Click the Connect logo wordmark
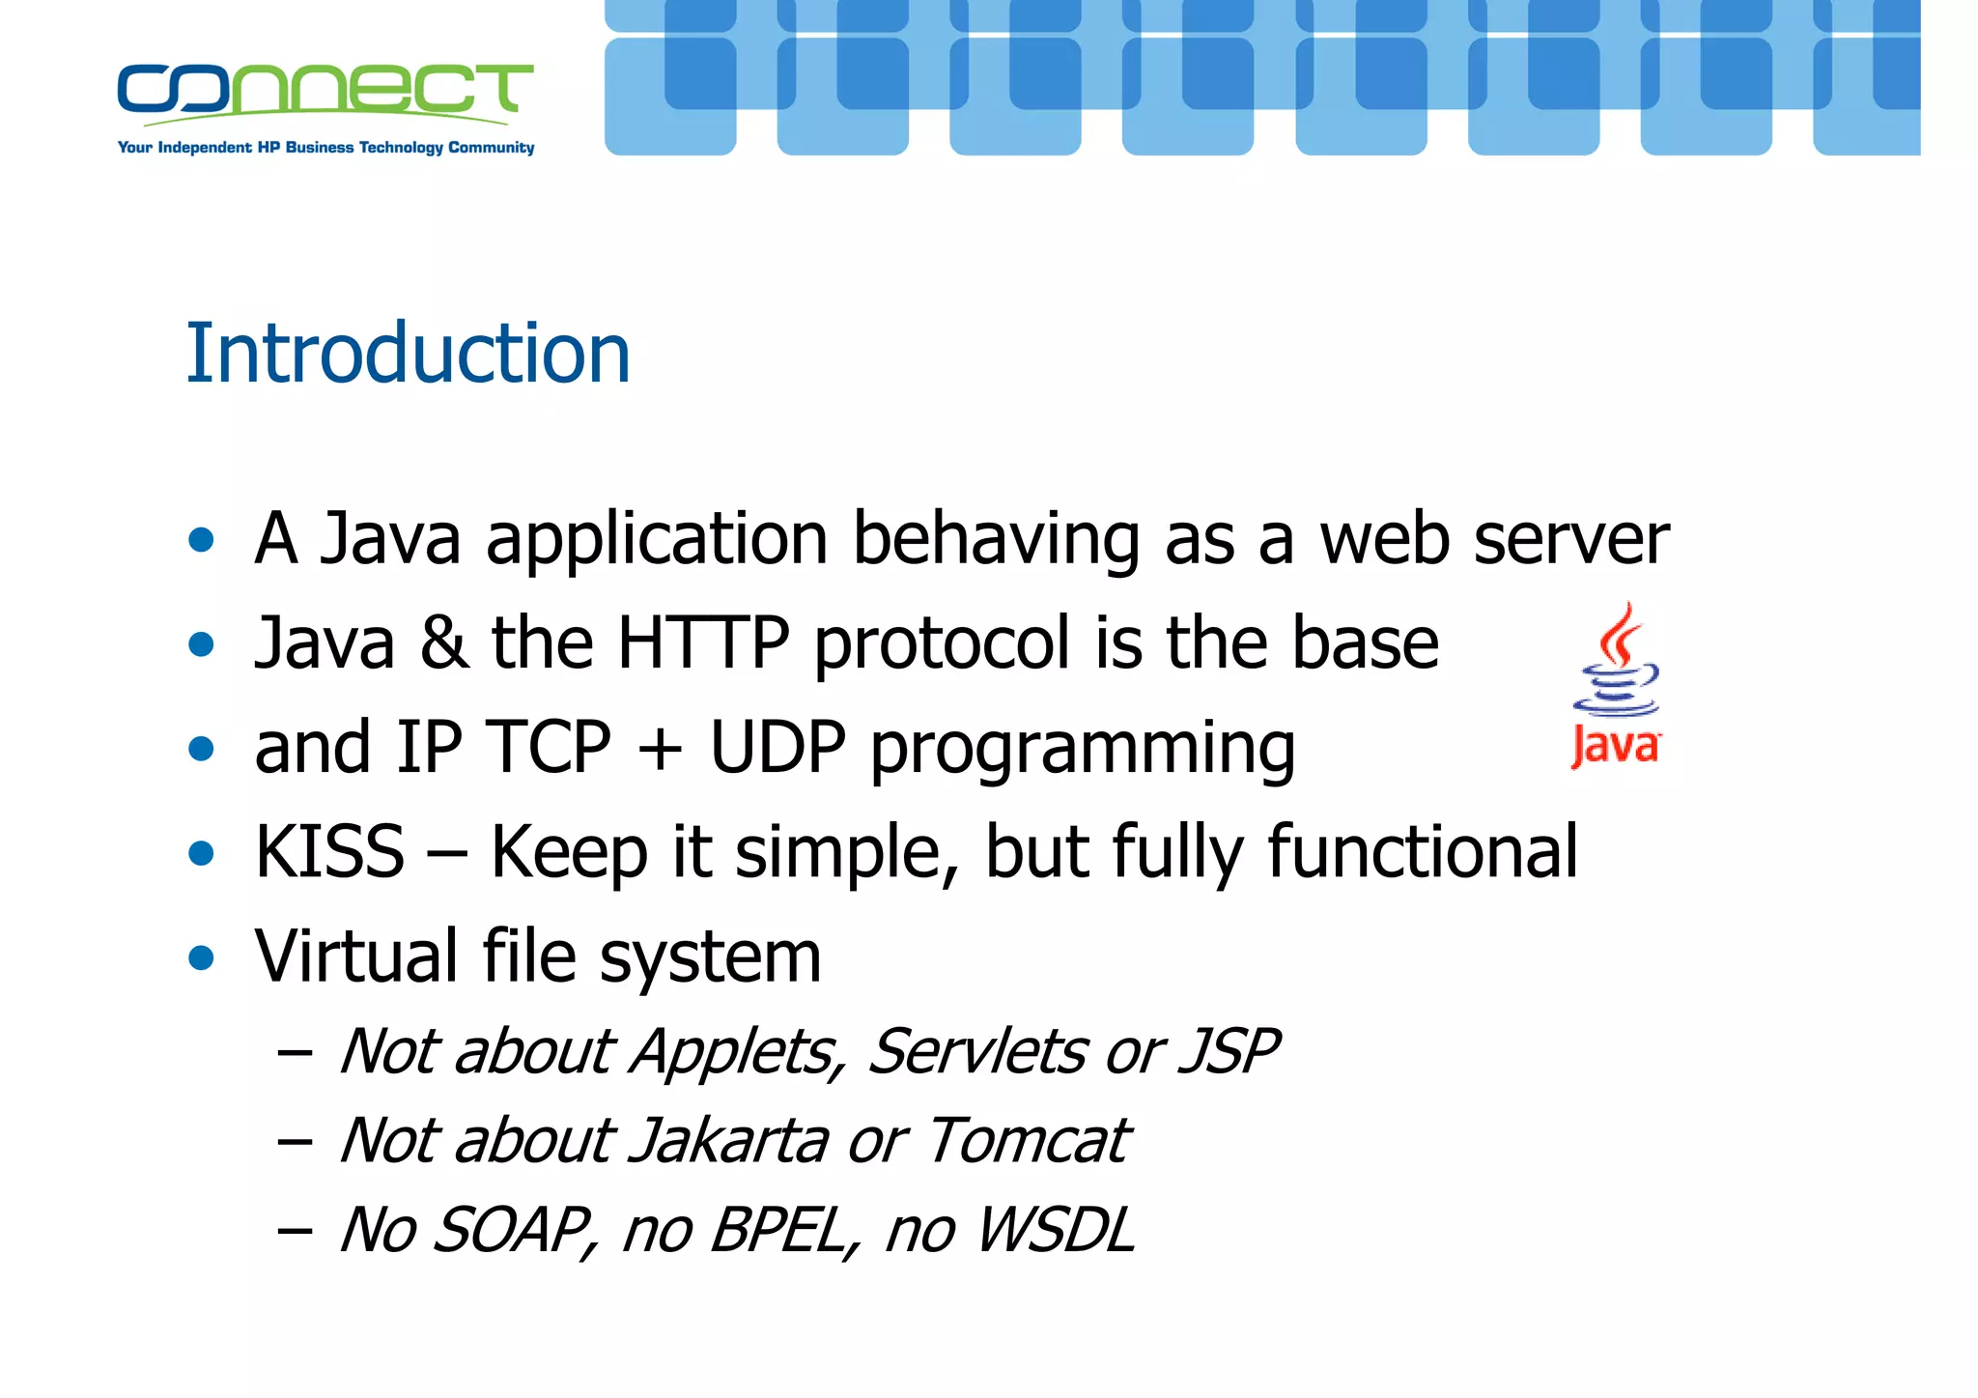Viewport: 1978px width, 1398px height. click(325, 91)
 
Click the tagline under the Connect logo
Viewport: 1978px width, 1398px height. click(325, 148)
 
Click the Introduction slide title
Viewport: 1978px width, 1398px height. click(408, 354)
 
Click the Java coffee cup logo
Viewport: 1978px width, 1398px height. click(1616, 686)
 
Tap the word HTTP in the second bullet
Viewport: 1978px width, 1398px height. click(702, 642)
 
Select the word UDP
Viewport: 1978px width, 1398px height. click(777, 747)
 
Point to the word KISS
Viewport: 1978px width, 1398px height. click(329, 852)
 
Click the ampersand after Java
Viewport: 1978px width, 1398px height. click(443, 643)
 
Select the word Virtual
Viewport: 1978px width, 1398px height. click(355, 956)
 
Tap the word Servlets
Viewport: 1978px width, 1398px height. click(976, 1051)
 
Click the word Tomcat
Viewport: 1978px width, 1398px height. click(1028, 1141)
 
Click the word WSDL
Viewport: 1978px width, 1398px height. click(1055, 1231)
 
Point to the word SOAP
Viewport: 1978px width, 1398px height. click(512, 1231)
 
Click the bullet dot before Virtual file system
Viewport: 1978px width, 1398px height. click(201, 958)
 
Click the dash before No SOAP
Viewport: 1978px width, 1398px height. click(294, 1232)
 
